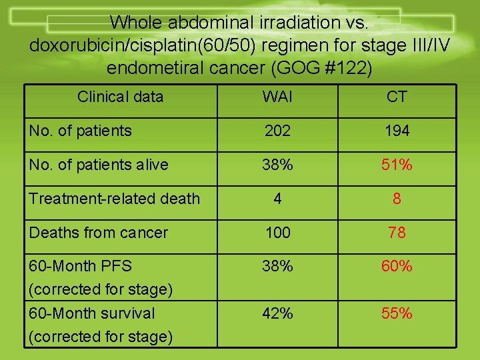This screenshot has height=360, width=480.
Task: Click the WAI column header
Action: coord(277,97)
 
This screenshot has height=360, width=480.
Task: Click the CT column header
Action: coord(397,97)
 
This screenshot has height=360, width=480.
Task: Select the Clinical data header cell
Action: coord(120,97)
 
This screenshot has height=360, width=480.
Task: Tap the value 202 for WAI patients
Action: coord(277,131)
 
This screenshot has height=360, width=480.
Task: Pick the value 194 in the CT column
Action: coord(397,131)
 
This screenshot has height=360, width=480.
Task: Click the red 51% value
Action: coord(397,165)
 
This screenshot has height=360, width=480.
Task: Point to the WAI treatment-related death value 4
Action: coord(277,199)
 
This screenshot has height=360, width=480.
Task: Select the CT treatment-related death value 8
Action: coord(397,199)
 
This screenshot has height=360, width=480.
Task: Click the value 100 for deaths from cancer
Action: coord(277,233)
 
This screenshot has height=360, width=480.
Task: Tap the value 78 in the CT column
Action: coord(397,233)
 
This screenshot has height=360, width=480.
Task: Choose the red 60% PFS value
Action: coord(397,267)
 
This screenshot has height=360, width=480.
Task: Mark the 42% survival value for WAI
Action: coord(277,313)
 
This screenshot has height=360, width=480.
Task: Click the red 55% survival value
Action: coord(397,313)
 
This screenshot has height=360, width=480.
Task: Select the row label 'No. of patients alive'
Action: coord(99,165)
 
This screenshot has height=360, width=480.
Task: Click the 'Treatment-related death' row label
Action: coord(114,199)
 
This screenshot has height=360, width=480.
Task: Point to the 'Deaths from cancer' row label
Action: coord(99,233)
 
